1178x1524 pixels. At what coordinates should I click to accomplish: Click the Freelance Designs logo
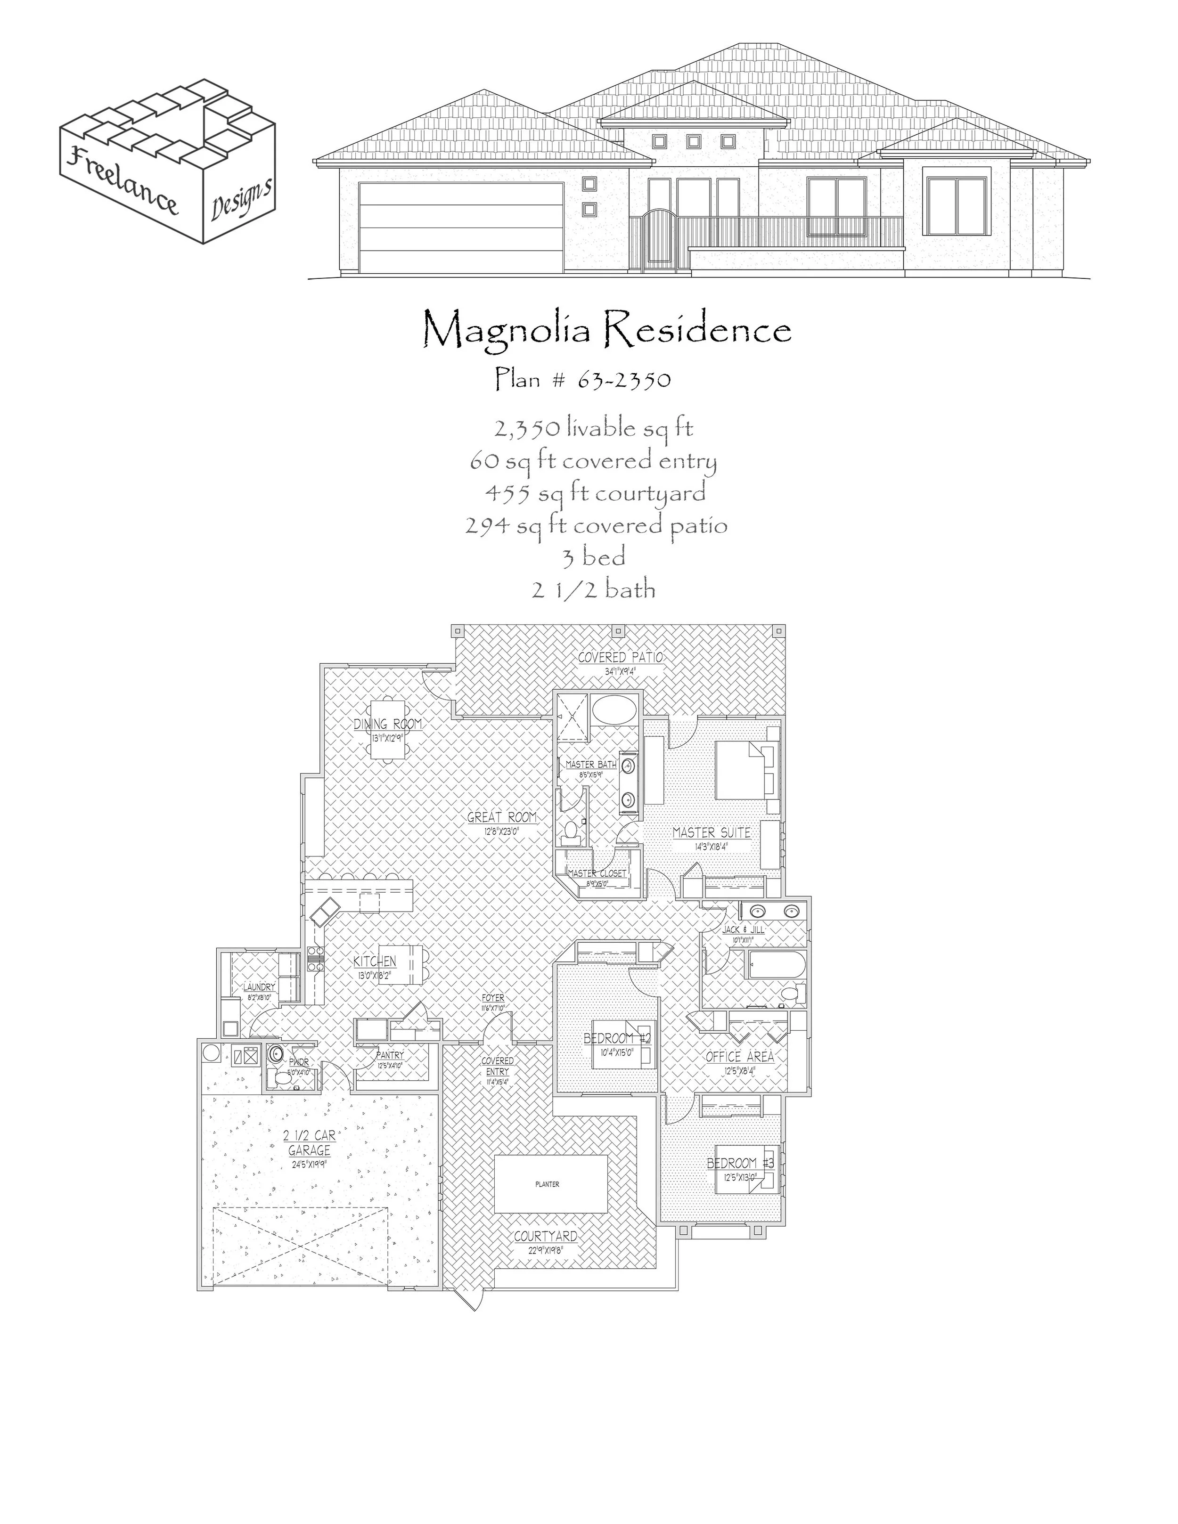pos(167,161)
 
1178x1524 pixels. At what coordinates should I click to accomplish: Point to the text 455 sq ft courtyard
pos(595,493)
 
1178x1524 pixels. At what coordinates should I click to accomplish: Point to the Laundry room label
pos(259,987)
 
